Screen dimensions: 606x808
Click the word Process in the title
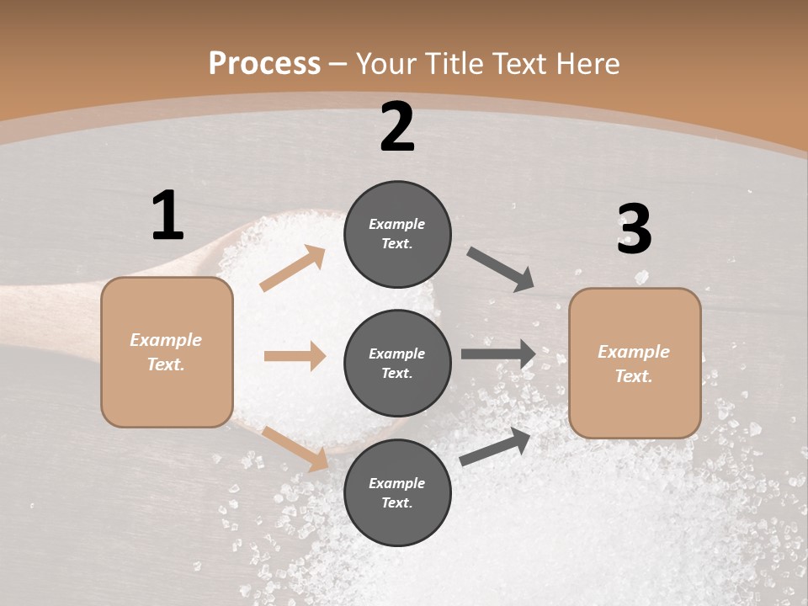click(x=264, y=64)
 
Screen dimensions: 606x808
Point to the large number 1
click(x=167, y=215)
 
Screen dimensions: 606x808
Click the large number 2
click(x=397, y=127)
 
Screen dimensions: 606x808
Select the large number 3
click(x=634, y=230)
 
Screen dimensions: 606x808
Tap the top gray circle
click(x=397, y=234)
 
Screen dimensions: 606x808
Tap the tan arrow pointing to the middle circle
click(x=295, y=356)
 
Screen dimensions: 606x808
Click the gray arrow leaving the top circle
click(x=500, y=269)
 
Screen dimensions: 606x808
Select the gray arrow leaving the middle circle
click(x=498, y=354)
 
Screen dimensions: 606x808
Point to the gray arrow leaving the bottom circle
click(x=496, y=446)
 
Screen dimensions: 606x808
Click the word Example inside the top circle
click(x=397, y=224)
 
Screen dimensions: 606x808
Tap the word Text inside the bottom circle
click(x=396, y=502)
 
